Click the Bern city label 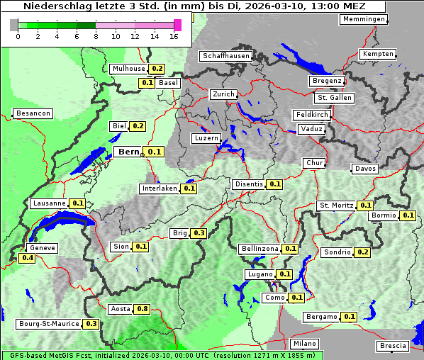coord(129,152)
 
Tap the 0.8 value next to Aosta coord(143,309)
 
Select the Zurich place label coord(223,94)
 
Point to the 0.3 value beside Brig coord(199,233)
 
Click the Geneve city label coord(43,248)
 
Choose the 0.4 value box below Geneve coord(28,258)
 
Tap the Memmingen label coord(364,19)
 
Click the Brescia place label coord(394,346)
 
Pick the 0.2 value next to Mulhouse coord(157,69)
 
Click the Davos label coord(365,169)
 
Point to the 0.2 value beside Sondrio coord(362,252)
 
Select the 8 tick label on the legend coord(95,36)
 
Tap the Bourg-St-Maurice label coord(50,324)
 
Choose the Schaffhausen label coord(226,56)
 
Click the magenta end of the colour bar coord(177,25)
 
